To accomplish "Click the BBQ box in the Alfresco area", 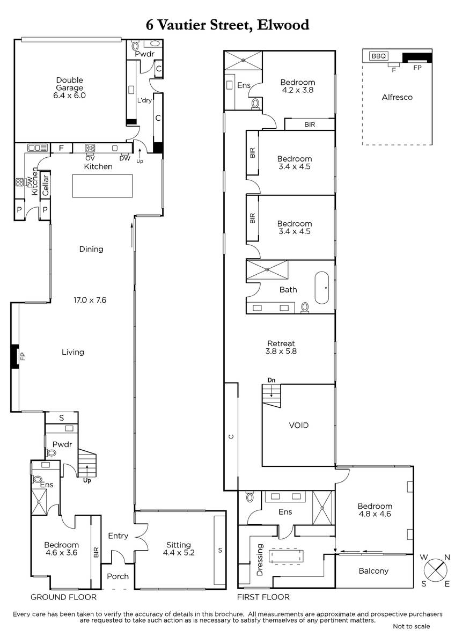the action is [x=379, y=56].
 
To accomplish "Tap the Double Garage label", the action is [x=70, y=84].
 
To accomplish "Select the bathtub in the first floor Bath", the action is [x=322, y=288].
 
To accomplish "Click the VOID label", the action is [x=299, y=425].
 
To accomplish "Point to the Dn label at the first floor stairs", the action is [x=271, y=380].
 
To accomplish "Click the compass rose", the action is [x=436, y=570].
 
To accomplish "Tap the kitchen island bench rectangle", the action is [x=102, y=186].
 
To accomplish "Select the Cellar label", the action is [x=46, y=185].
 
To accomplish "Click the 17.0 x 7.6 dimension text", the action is [x=90, y=300].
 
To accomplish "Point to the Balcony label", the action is [x=373, y=570].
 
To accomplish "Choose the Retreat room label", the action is [x=281, y=343].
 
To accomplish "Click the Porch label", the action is [x=118, y=576].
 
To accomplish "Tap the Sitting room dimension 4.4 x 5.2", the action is [x=179, y=553].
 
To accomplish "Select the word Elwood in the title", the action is [x=283, y=25].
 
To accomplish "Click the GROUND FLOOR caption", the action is [x=63, y=597].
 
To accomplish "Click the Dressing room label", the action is [x=260, y=559].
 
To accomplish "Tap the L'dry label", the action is [x=144, y=100].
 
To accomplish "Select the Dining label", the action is [x=91, y=249].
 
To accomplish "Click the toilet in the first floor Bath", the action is [x=305, y=307].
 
